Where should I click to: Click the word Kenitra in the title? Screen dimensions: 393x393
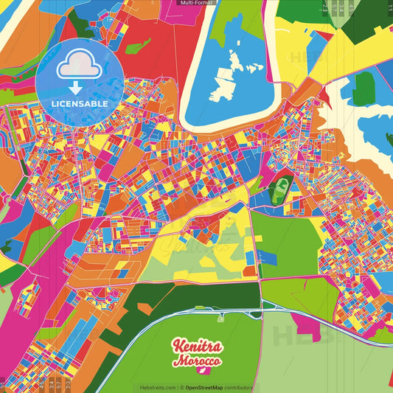(195, 346)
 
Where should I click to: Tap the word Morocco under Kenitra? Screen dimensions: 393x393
(197, 362)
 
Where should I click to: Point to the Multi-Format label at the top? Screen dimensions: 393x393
(196, 3)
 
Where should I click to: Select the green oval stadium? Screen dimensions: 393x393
(279, 191)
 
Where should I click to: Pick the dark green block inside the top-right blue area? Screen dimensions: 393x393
(363, 88)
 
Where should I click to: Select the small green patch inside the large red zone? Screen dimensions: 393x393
(136, 46)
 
